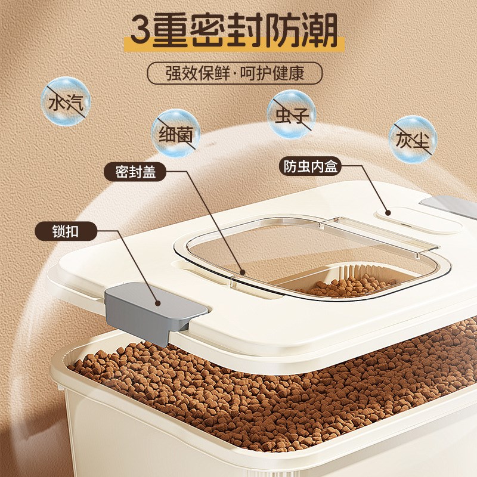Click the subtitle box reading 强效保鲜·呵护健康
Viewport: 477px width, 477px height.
point(234,75)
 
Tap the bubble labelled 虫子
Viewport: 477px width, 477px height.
point(291,113)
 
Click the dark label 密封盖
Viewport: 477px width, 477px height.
point(135,172)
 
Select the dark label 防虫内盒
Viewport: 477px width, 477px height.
point(309,166)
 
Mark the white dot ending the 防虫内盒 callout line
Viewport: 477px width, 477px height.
point(388,211)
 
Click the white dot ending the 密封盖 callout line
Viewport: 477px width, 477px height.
point(241,273)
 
